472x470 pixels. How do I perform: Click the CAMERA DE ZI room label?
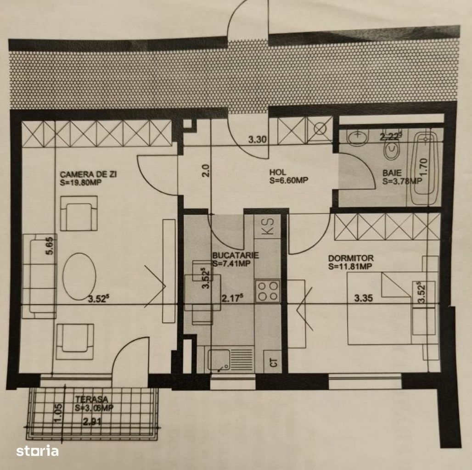(88, 174)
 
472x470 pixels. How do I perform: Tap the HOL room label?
(277, 173)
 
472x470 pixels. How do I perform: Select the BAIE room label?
(392, 173)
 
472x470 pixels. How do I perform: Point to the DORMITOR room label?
(351, 258)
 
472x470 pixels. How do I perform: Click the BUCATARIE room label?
(236, 256)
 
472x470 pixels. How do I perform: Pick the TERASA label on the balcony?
(91, 400)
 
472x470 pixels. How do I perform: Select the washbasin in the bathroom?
(357, 138)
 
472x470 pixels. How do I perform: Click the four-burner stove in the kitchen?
(268, 291)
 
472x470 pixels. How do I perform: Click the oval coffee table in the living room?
(79, 276)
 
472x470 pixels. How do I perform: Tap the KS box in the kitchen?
(268, 226)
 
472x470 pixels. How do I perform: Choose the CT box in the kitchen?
(273, 362)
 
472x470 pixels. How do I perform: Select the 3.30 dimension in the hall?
(258, 140)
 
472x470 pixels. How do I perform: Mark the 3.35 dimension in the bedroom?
(363, 298)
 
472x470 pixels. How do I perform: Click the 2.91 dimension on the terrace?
(92, 422)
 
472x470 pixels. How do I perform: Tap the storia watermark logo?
(38, 451)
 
